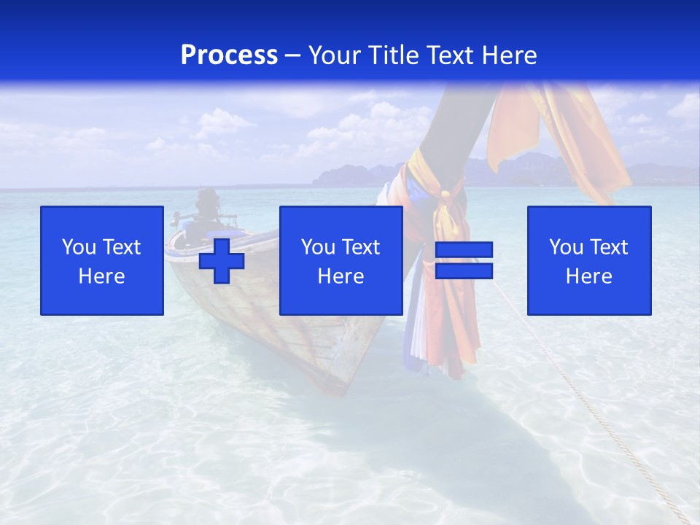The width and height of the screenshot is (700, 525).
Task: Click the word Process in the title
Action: [229, 55]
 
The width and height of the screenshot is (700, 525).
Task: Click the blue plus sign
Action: [222, 260]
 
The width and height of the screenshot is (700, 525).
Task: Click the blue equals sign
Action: [464, 260]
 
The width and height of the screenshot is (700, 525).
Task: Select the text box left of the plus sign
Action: [102, 260]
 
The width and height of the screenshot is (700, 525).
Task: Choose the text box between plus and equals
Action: [341, 260]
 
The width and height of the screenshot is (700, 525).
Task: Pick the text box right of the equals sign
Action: [589, 260]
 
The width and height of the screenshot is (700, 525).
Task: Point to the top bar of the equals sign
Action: [464, 250]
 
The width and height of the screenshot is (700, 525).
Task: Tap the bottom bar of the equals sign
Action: [464, 271]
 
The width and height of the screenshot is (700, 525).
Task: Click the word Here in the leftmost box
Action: [102, 276]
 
